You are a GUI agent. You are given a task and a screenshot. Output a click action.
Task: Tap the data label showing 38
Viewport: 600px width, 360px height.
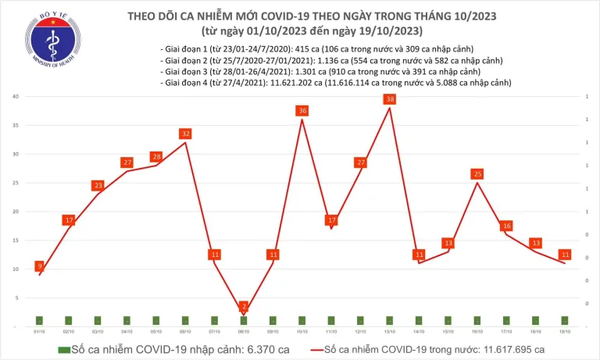pyautogui.click(x=390, y=99)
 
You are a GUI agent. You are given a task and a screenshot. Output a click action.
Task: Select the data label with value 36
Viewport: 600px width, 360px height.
pyautogui.click(x=302, y=111)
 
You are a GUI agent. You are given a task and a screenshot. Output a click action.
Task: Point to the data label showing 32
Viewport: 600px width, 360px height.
pyautogui.click(x=185, y=134)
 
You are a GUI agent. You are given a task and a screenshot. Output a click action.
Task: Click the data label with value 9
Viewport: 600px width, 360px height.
pyautogui.click(x=39, y=266)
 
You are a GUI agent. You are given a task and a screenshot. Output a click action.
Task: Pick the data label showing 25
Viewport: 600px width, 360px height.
pyautogui.click(x=477, y=173)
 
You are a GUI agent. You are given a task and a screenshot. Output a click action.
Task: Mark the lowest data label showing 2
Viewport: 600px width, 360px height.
pyautogui.click(x=244, y=306)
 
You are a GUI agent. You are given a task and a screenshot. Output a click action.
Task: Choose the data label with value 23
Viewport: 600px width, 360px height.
pyautogui.click(x=98, y=185)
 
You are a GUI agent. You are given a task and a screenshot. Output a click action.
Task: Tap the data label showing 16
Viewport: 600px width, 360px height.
pyautogui.click(x=506, y=226)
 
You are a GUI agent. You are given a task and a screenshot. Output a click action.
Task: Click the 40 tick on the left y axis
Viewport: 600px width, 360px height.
pyautogui.click(x=16, y=96)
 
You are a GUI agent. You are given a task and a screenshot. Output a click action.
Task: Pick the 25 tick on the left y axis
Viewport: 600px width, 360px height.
pyautogui.click(x=16, y=183)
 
